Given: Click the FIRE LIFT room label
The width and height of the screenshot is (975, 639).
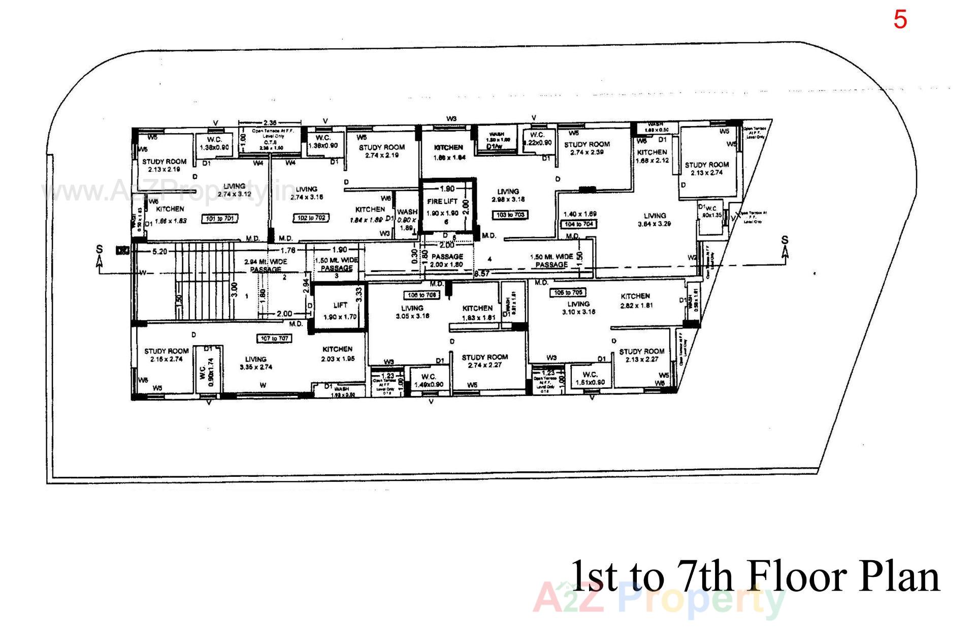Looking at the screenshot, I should [x=442, y=202].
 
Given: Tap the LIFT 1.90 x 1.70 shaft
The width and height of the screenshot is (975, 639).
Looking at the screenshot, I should [x=340, y=311].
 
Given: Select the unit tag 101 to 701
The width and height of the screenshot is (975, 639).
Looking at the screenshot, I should [x=220, y=219].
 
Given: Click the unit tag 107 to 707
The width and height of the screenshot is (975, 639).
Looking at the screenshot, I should [x=274, y=339].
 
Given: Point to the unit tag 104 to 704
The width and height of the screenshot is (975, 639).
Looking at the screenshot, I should [x=579, y=224].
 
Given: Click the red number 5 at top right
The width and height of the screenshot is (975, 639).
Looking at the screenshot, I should [x=900, y=20].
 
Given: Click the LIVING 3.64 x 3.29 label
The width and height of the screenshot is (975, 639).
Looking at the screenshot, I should [x=655, y=220].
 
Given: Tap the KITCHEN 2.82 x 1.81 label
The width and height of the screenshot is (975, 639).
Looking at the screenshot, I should [x=636, y=300].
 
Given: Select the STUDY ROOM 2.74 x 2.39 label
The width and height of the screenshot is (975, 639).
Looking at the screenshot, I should [x=587, y=148].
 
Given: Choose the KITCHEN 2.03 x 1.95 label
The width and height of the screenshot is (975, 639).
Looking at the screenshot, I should [x=337, y=354].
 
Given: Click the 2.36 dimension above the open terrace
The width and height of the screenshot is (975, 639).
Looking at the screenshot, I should [x=270, y=123].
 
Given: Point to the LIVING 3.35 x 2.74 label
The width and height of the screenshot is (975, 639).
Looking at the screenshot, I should [x=256, y=363].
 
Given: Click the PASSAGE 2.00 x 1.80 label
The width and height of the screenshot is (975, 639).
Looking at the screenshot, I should [x=447, y=260].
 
